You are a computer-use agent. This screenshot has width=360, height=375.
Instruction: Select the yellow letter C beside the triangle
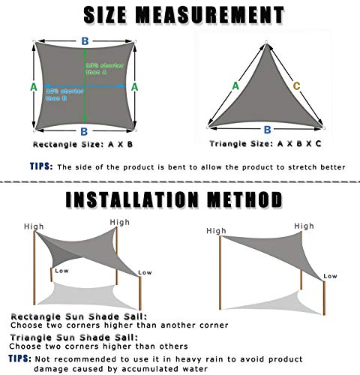(296, 86)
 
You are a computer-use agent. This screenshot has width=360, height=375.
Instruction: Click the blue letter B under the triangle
(265, 129)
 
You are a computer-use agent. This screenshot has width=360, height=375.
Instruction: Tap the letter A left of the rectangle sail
(33, 87)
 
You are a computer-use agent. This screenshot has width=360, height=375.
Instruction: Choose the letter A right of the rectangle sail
(135, 87)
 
